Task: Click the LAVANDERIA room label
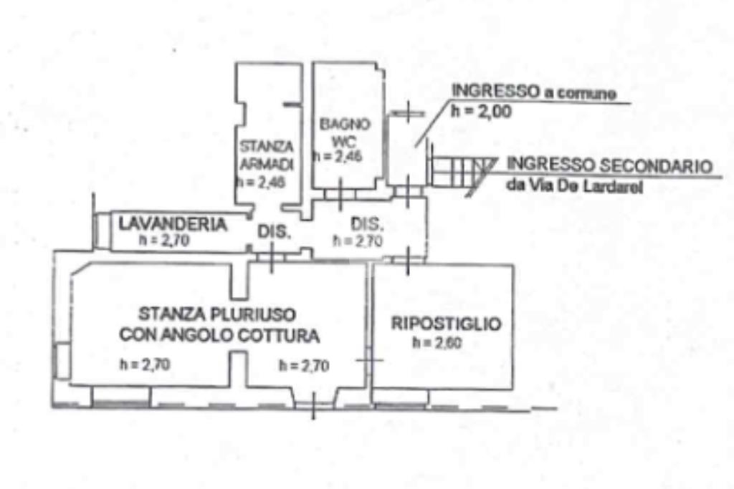click(173, 223)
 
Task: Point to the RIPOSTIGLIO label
click(446, 324)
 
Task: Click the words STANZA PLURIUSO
click(218, 314)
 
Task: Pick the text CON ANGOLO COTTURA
click(219, 334)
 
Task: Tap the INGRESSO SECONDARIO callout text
click(610, 165)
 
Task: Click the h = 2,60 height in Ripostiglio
click(437, 343)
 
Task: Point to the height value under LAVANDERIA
click(164, 241)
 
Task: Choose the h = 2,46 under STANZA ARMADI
click(262, 183)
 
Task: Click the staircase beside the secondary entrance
click(459, 173)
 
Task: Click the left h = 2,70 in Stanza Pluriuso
click(145, 365)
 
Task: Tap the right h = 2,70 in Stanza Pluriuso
click(304, 366)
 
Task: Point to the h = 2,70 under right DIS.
click(357, 241)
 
